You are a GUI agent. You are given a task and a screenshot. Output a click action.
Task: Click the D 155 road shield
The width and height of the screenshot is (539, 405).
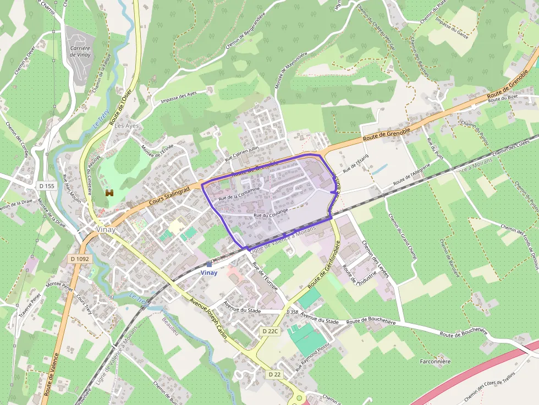47,186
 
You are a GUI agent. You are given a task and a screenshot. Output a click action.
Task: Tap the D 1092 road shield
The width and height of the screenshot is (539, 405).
80,258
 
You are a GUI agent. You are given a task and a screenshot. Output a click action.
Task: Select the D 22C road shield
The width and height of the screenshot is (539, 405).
271,331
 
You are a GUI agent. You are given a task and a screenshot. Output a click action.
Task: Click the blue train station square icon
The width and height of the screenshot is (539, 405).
209,264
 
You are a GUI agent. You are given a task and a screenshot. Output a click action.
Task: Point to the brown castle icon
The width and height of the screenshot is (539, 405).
109,193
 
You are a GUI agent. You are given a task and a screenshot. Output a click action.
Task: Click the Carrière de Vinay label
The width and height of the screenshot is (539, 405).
80,52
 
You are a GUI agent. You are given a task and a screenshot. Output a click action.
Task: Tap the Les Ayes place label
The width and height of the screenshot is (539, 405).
127,126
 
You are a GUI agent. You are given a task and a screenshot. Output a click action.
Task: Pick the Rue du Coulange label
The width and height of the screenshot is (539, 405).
271,213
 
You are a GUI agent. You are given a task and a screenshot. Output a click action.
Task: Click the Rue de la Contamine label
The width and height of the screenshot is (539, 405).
239,193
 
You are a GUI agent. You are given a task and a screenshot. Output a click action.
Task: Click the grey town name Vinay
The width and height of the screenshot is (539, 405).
106,230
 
